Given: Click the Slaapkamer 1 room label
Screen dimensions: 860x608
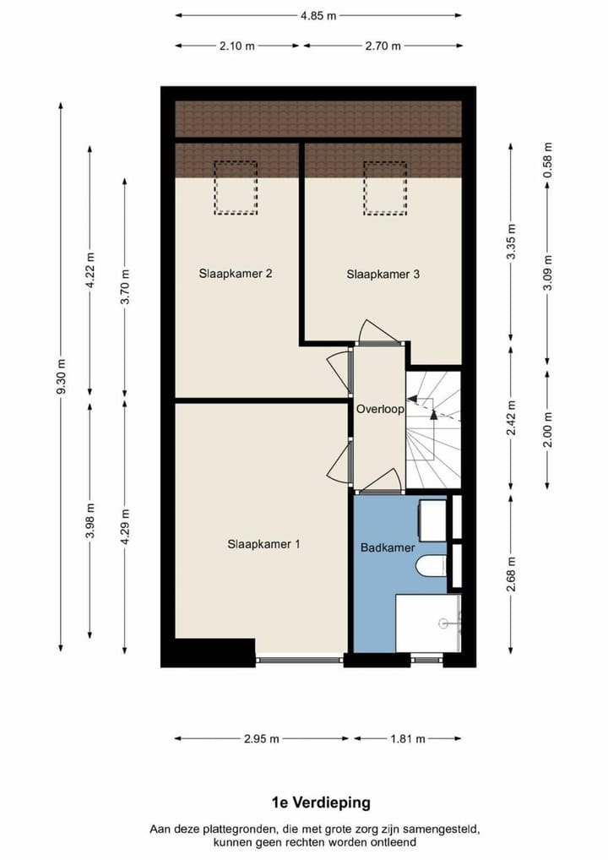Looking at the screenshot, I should point(263,544).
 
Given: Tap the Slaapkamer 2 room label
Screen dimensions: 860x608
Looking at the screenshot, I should point(235,274).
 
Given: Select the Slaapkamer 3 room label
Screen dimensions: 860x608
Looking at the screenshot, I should point(383,274).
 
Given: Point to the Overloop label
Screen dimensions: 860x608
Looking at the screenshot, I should point(380,408).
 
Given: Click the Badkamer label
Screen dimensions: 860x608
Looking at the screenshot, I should point(388,547).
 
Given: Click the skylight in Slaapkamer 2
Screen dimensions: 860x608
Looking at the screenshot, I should point(236,187).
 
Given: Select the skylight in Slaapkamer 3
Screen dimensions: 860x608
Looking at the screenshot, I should point(385,187).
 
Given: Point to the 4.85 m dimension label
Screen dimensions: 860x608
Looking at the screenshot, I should point(318,14).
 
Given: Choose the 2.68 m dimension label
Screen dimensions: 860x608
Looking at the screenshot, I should point(512,574).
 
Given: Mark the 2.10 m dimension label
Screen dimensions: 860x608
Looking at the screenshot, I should point(237,46).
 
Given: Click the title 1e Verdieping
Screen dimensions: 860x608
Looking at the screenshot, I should point(320,803).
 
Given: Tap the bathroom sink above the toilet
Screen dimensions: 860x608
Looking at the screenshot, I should point(433,520).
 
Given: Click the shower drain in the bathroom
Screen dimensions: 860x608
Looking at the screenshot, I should point(442,623).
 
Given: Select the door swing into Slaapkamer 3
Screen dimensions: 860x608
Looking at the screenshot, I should point(378,331).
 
